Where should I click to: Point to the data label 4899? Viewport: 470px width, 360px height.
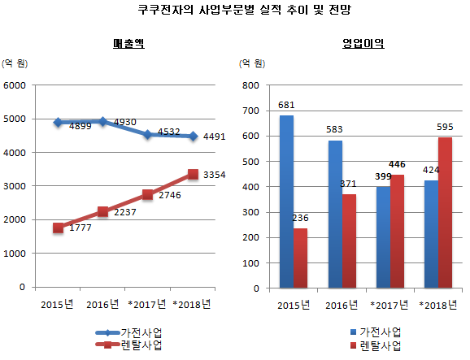point(80,127)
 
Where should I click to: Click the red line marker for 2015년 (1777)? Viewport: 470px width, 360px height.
point(58,228)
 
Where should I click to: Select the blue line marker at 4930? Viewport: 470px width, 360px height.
point(102,122)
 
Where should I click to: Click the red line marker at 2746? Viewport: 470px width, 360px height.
point(147,195)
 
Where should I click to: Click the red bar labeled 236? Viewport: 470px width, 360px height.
point(301,258)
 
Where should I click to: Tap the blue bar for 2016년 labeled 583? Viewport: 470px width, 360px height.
point(334,215)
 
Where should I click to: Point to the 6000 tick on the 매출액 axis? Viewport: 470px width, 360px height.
point(15,85)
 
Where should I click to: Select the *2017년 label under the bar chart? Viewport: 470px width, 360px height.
point(389,305)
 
